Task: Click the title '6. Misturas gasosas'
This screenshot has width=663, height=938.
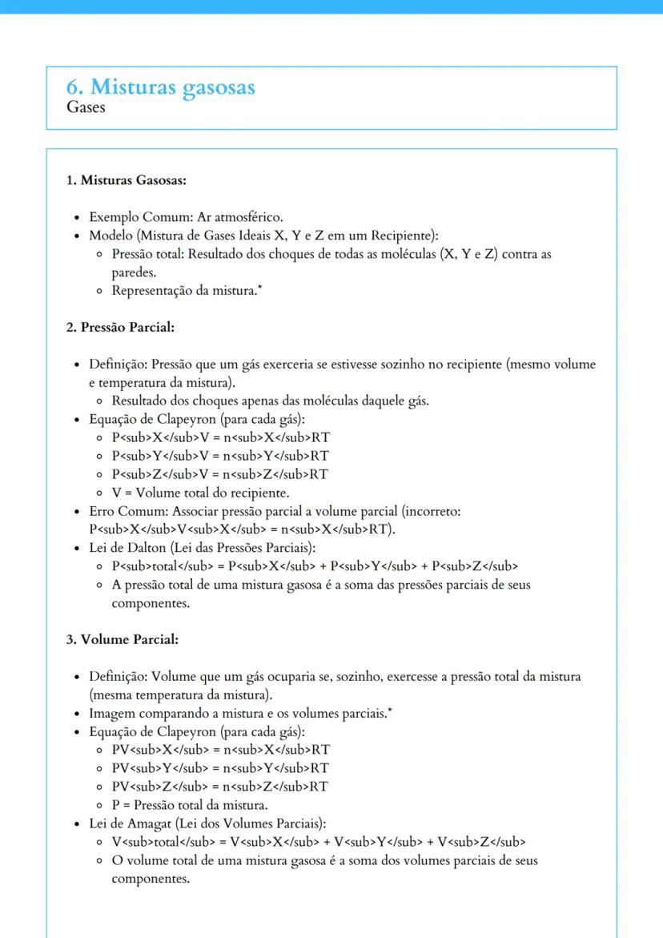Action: coord(160,87)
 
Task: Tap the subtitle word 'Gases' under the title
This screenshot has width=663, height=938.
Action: coord(86,107)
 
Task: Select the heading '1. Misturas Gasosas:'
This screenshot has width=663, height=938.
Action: coord(126,180)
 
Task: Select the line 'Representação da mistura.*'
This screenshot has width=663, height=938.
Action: coord(186,291)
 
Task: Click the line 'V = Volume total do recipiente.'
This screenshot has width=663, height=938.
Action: coord(200,493)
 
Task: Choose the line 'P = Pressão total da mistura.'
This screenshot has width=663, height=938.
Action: coord(189,805)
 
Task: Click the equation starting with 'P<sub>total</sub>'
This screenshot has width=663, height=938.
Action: coord(315,566)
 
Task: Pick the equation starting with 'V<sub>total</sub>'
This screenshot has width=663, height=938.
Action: coord(318,842)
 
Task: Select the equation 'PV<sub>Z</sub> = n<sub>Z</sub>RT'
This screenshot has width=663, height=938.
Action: coord(220,787)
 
